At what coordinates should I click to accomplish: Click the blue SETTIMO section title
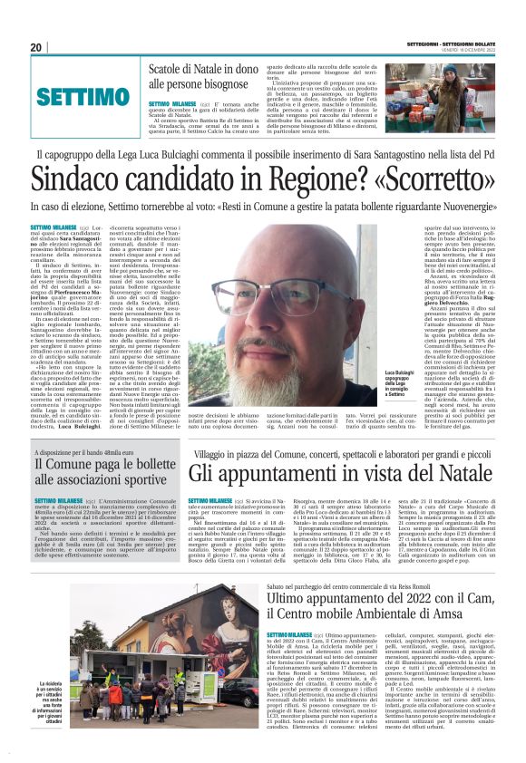(x=83, y=96)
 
